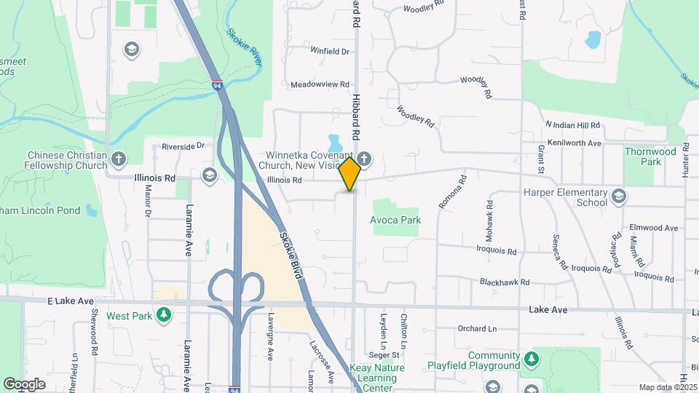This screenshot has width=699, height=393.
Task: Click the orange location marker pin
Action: (349, 173)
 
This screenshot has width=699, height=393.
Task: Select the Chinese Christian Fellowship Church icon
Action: (119, 158)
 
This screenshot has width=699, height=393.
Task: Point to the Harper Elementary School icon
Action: (619, 195)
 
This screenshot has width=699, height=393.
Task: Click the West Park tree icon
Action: (165, 314)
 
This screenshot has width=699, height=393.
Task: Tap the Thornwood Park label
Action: (649, 156)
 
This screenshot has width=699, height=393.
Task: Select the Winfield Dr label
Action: (330, 52)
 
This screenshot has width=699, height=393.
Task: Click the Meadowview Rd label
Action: (320, 84)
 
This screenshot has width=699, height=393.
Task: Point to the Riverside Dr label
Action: (188, 146)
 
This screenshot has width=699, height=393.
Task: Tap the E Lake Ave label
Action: (71, 301)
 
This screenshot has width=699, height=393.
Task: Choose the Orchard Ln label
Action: (477, 328)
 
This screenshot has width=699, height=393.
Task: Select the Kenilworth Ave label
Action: (574, 143)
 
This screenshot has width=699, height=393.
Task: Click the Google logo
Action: (24, 384)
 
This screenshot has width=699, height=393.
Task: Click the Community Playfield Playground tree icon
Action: (532, 357)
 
